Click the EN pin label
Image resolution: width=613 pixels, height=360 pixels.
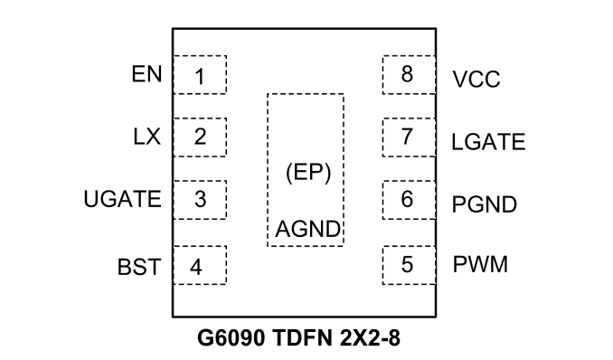point(146,74)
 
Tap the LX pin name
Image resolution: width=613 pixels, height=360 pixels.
point(147,137)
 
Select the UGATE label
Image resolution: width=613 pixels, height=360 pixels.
point(122,199)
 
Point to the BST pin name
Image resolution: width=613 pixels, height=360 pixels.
point(139,267)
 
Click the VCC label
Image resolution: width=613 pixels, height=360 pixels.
point(476,80)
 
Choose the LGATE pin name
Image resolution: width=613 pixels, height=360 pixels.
point(488,142)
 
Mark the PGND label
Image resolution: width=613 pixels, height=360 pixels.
point(485,204)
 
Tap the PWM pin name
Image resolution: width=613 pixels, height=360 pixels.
point(480,264)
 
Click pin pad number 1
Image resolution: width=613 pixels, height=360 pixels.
point(200,75)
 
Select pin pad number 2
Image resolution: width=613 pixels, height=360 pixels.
point(200,137)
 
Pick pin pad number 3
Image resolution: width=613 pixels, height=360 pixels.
point(200,200)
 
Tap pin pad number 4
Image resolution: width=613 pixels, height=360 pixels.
point(200,265)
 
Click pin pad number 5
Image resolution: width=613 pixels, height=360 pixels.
point(410,265)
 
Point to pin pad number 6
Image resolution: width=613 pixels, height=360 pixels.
point(410,200)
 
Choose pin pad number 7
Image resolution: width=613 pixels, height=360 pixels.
point(410,137)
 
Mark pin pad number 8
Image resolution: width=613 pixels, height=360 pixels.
point(410,75)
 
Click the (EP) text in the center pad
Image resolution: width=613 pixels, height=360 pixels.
point(308,173)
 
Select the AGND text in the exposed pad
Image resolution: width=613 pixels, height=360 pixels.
point(307,230)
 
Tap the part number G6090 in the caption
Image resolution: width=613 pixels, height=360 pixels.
point(231,338)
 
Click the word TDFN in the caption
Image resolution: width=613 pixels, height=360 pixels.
point(303,338)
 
